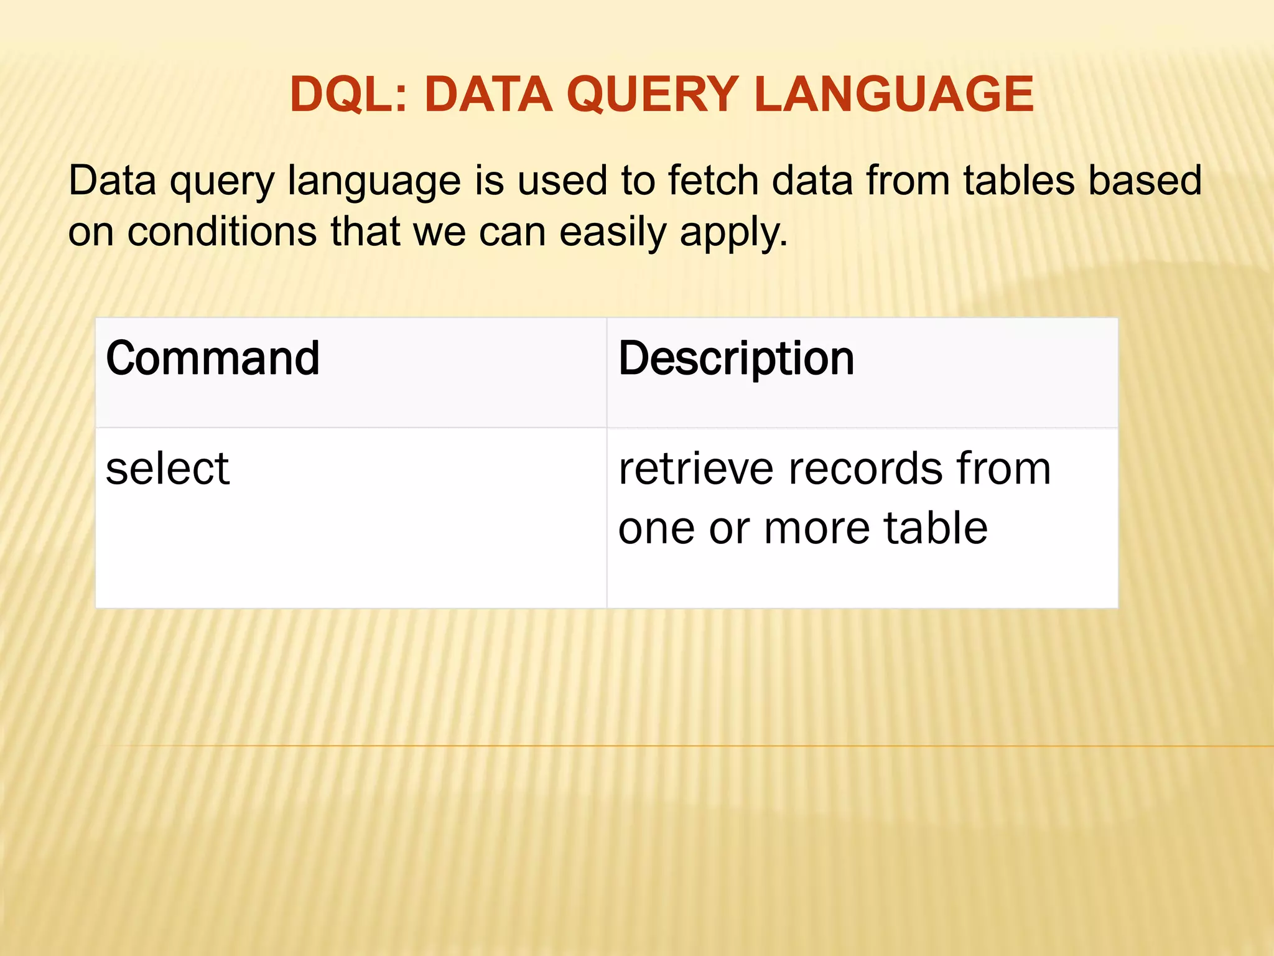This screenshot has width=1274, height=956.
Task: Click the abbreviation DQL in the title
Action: [x=345, y=95]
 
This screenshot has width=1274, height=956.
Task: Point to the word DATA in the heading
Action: [x=488, y=95]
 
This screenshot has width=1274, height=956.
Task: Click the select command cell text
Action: [x=167, y=468]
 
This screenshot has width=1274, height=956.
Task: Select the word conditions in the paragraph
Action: [x=222, y=232]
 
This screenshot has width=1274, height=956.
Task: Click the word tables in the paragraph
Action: [x=1019, y=180]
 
